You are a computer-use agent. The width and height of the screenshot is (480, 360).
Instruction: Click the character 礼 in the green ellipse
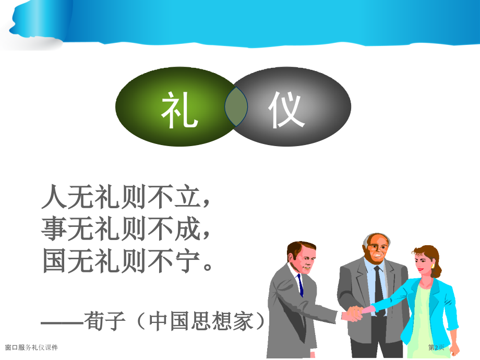pos(179,110)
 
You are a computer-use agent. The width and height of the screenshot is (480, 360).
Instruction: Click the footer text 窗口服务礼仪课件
pos(31,347)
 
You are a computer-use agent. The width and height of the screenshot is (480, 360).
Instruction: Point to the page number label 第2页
pos(436,347)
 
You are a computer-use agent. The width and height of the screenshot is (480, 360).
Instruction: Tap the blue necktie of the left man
pos(300,284)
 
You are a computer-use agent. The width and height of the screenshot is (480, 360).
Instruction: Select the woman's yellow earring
pos(433,265)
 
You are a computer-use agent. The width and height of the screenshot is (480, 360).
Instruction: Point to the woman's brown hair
pos(431,256)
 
